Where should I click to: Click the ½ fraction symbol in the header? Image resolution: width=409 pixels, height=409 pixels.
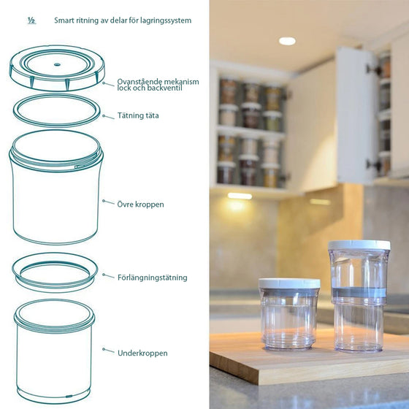tap(31, 20)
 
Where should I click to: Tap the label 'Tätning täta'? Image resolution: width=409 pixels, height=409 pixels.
tap(138, 115)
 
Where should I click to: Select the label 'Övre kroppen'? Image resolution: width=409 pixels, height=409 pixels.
tap(140, 204)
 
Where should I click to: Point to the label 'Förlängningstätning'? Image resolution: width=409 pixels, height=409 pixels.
tap(153, 278)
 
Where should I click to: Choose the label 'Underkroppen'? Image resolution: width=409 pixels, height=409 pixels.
tap(142, 353)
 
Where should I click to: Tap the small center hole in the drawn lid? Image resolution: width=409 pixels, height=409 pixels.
tap(57, 64)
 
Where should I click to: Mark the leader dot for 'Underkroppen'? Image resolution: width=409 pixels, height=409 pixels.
tap(104, 349)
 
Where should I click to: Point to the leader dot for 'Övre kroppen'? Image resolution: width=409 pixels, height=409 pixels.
tap(104, 201)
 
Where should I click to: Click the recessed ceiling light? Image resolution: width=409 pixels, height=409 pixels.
tap(287, 41)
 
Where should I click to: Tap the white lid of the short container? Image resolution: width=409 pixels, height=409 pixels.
tap(289, 283)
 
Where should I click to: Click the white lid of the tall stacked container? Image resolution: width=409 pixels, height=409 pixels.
tap(359, 245)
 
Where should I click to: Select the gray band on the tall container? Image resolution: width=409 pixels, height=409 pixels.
tap(359, 292)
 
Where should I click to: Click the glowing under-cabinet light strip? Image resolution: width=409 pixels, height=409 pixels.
tap(240, 196)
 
